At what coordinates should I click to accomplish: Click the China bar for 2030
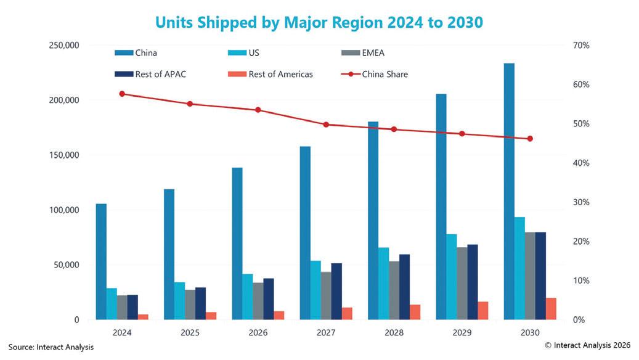tap(509, 191)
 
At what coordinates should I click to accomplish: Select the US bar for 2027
tap(315, 290)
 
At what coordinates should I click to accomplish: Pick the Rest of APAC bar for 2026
tap(269, 299)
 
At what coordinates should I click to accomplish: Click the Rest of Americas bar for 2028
tap(415, 312)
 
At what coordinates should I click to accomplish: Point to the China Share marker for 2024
tap(122, 94)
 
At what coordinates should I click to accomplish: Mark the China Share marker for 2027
tap(326, 125)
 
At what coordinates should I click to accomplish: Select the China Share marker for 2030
tap(530, 139)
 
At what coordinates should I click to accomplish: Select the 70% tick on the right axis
tap(582, 46)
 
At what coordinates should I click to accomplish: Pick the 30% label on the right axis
tap(582, 202)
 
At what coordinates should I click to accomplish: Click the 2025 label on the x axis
tap(190, 333)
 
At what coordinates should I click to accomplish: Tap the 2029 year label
tap(462, 333)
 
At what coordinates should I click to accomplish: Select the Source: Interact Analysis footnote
tap(51, 348)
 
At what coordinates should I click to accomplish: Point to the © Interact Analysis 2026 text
tap(588, 346)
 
